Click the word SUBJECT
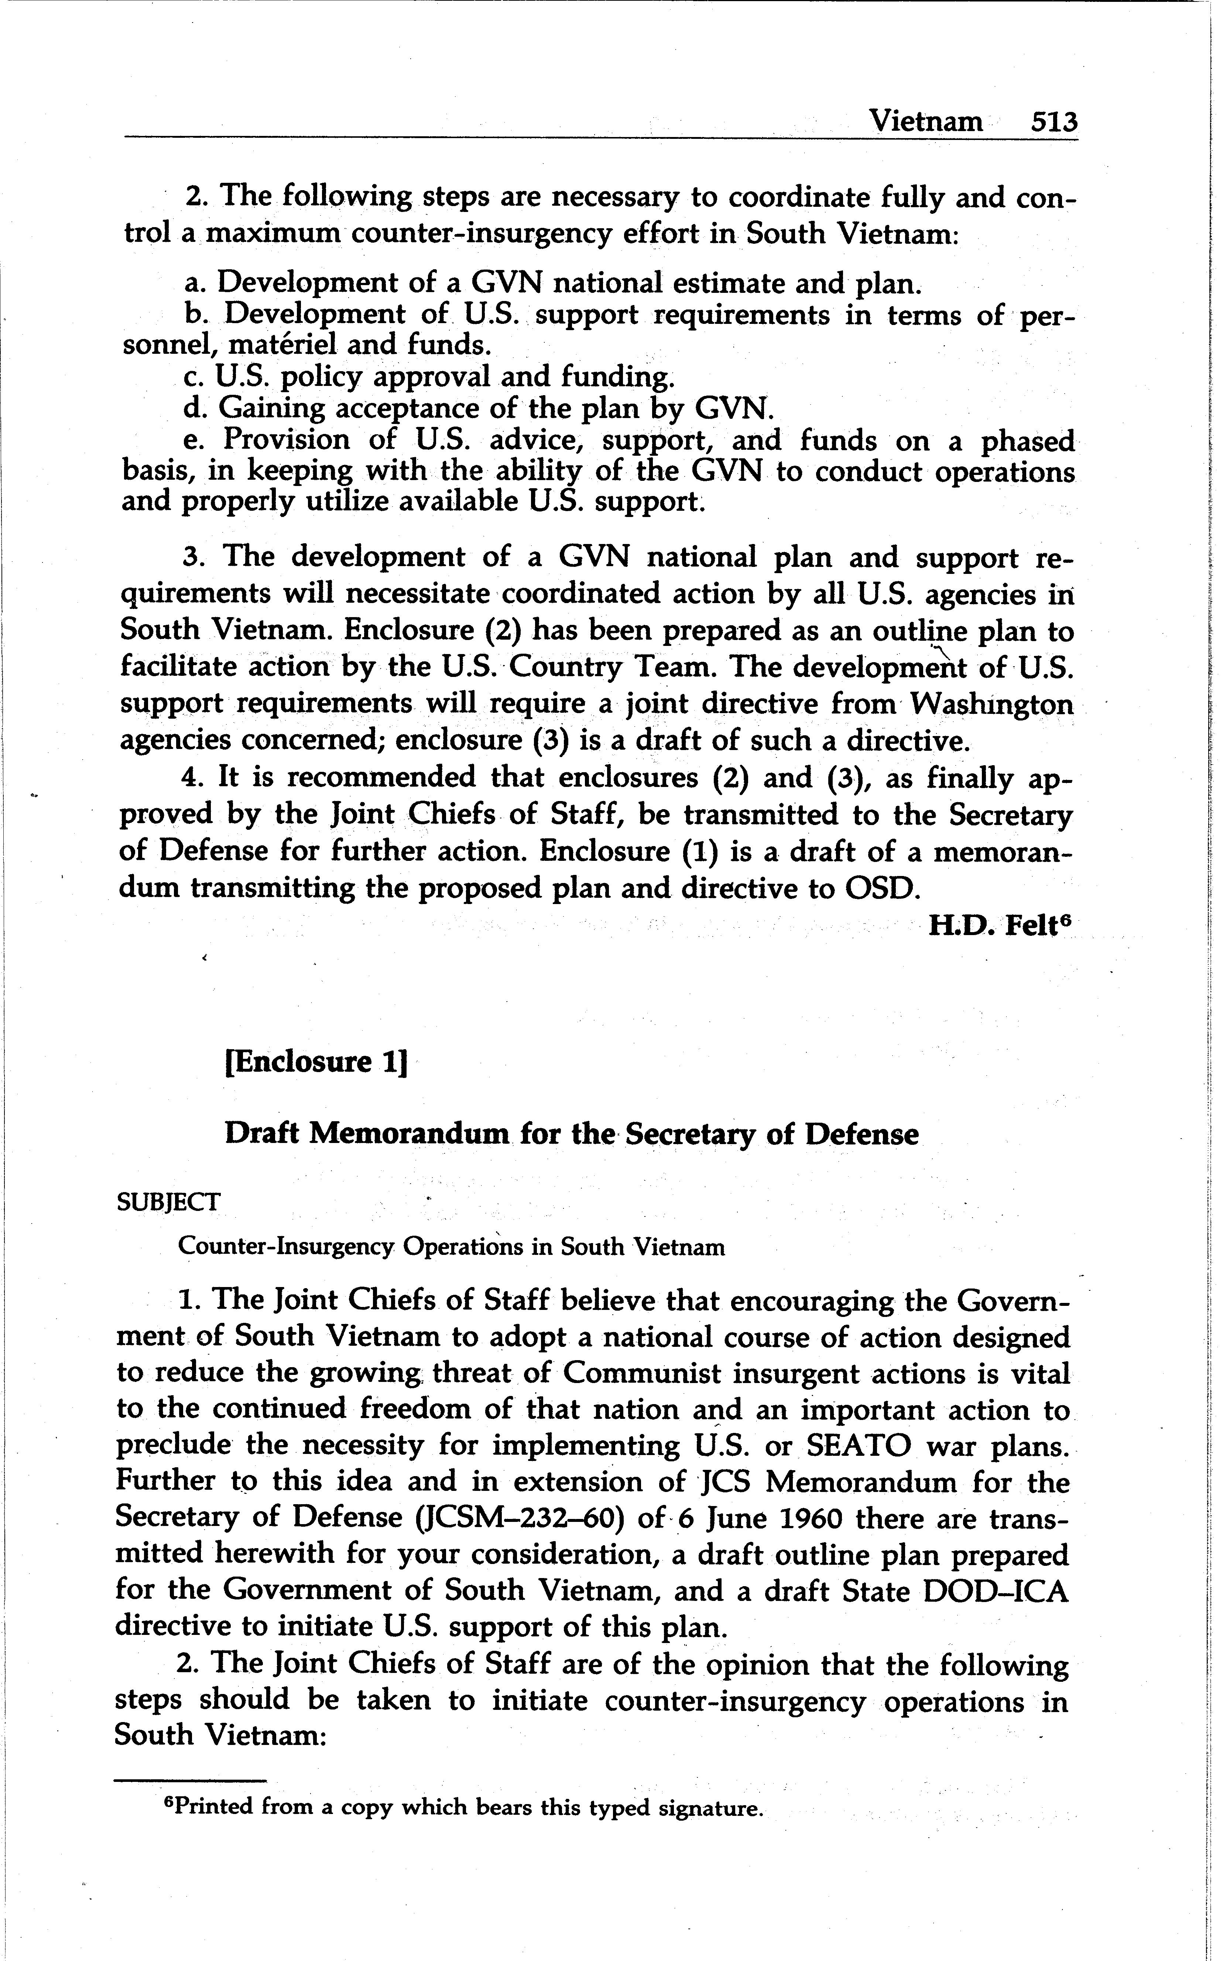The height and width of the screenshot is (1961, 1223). click(168, 1202)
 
